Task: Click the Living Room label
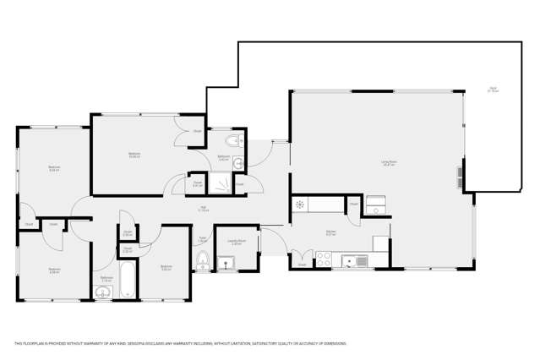coord(389,162)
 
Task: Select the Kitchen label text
coord(332,234)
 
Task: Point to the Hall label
coord(203,208)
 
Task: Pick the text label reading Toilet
coord(203,239)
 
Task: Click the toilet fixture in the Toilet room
coord(203,263)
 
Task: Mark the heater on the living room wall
coord(461,177)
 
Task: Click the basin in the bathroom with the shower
coord(239,161)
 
